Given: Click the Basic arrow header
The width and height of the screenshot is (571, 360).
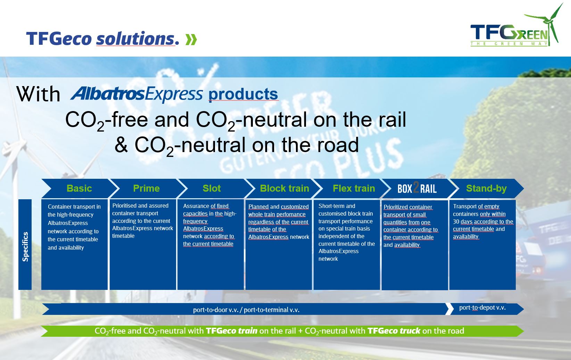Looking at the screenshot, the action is coord(79,189).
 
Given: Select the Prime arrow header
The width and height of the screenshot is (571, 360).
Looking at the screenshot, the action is coord(146,189).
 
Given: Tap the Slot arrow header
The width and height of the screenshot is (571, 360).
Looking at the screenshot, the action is coord(212,189).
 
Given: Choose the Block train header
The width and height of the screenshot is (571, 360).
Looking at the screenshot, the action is coord(284,189).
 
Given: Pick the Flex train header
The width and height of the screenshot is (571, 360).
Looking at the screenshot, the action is coord(354,189).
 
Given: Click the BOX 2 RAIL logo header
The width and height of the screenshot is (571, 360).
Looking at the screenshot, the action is coord(417,189).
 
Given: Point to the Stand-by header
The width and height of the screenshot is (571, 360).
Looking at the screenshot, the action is coord(486,189).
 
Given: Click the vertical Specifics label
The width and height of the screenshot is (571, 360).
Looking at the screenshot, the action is coord(25,246).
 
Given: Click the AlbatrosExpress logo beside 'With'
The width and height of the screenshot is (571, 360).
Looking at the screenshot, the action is coord(137,94).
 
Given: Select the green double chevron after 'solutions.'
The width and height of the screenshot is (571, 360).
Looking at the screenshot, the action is coord(191,40).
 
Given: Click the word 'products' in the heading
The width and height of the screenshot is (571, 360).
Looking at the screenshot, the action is coord(243,94).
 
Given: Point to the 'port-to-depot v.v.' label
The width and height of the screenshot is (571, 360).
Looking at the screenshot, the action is coord(482,308).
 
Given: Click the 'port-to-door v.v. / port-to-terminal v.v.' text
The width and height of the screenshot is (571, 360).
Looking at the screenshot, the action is coord(246,310).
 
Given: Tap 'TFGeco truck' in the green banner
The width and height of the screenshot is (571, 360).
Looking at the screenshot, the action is coord(394,331).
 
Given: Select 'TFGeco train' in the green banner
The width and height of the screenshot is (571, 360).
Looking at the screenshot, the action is coord(231,331).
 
